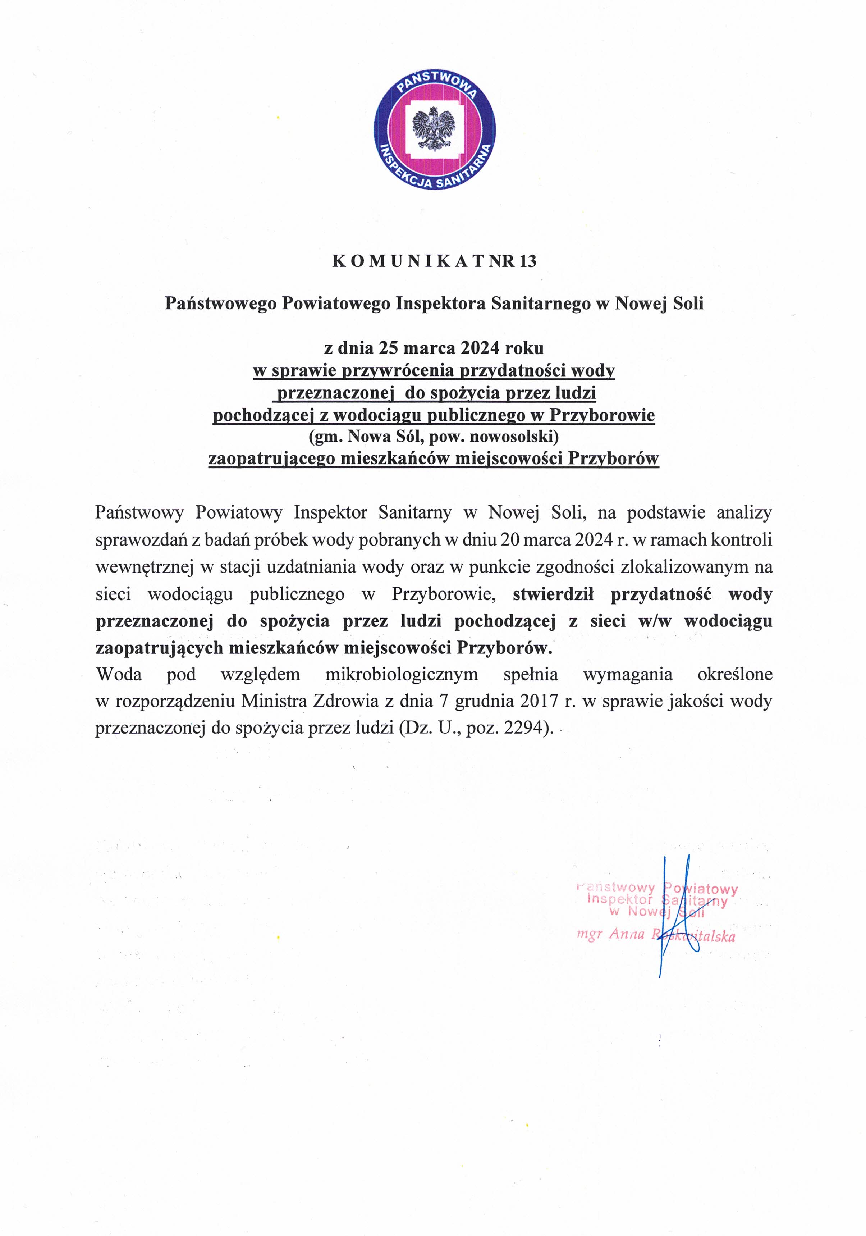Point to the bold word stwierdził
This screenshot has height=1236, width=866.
pyautogui.click(x=553, y=594)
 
